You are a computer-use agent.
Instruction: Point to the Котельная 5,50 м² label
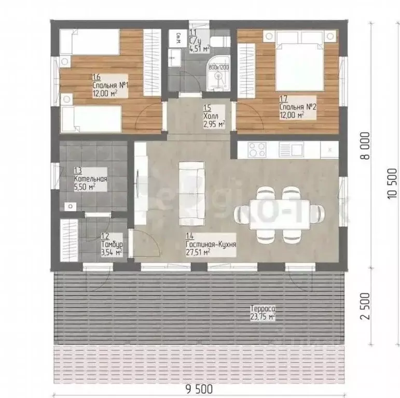[x=90, y=179]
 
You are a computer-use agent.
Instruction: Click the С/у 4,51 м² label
[x=200, y=42]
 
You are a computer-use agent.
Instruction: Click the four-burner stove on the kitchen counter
[x=258, y=149]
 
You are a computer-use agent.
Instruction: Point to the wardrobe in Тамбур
[x=68, y=243]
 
